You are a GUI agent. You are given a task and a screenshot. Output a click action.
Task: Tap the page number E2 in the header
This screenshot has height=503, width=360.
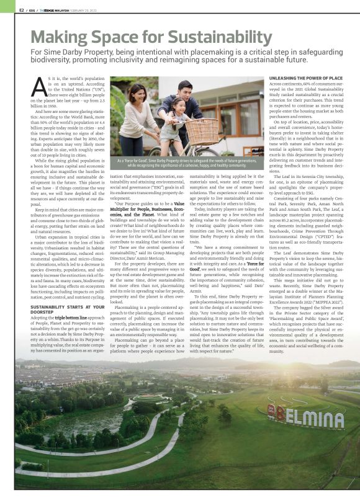[x=22, y=10]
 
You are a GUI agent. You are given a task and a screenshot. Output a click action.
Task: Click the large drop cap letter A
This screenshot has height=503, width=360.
[x=35, y=85]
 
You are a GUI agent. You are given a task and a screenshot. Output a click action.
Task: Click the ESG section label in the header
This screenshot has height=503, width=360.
[x=32, y=10]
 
